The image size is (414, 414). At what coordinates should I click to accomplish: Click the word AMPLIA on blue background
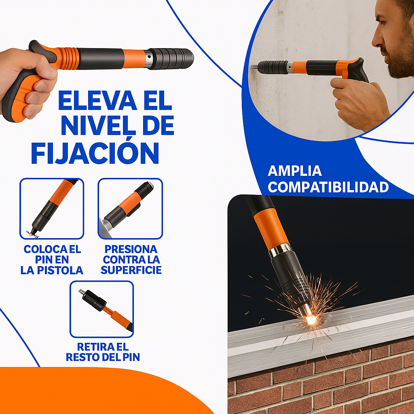click(x=295, y=171)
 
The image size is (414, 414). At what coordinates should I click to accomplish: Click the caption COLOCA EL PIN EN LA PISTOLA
click(x=52, y=260)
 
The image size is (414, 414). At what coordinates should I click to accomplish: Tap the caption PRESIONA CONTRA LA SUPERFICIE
click(x=131, y=260)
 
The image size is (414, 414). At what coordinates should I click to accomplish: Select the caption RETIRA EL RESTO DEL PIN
click(x=103, y=352)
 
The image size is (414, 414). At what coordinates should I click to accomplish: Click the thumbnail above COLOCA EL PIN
click(x=52, y=209)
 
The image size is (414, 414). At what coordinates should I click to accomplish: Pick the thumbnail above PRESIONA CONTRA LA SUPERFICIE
click(x=130, y=209)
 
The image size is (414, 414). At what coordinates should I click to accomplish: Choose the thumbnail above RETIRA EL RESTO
click(x=101, y=309)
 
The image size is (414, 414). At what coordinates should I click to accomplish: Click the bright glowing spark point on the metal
click(x=310, y=320)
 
